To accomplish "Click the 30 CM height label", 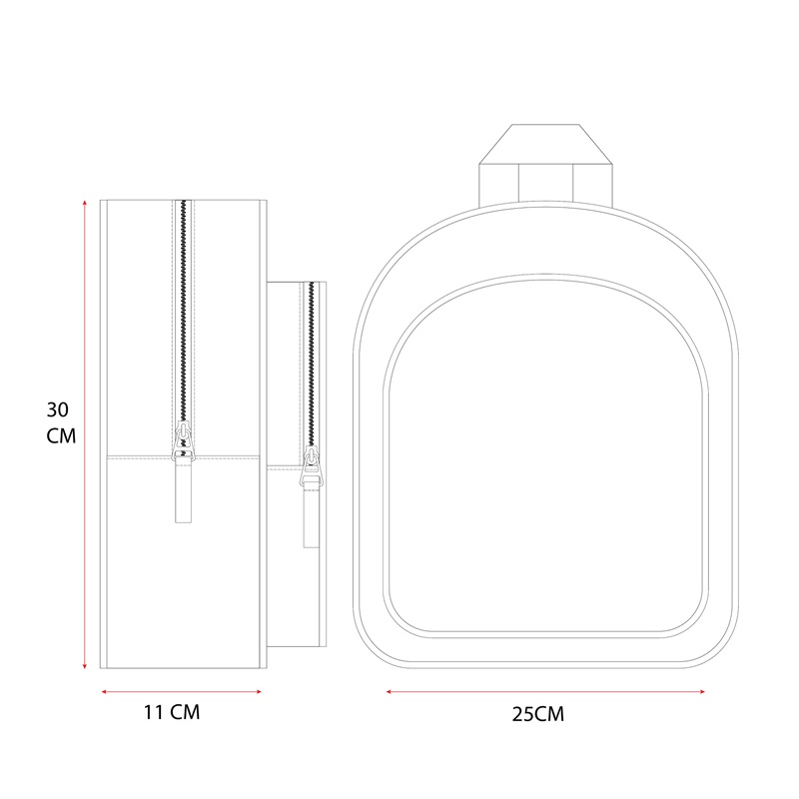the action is click(x=61, y=422).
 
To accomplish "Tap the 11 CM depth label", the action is click(x=172, y=712).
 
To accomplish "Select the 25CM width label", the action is click(x=538, y=714).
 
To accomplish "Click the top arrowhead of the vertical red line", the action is click(x=85, y=203).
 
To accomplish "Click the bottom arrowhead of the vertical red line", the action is click(x=85, y=665).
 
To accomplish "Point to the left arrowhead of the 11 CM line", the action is click(x=105, y=691).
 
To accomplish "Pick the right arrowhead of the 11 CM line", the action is click(x=259, y=691).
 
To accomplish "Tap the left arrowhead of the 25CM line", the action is click(x=390, y=691).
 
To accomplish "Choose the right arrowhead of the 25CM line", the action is click(x=702, y=691).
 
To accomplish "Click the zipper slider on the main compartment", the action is click(x=184, y=439).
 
